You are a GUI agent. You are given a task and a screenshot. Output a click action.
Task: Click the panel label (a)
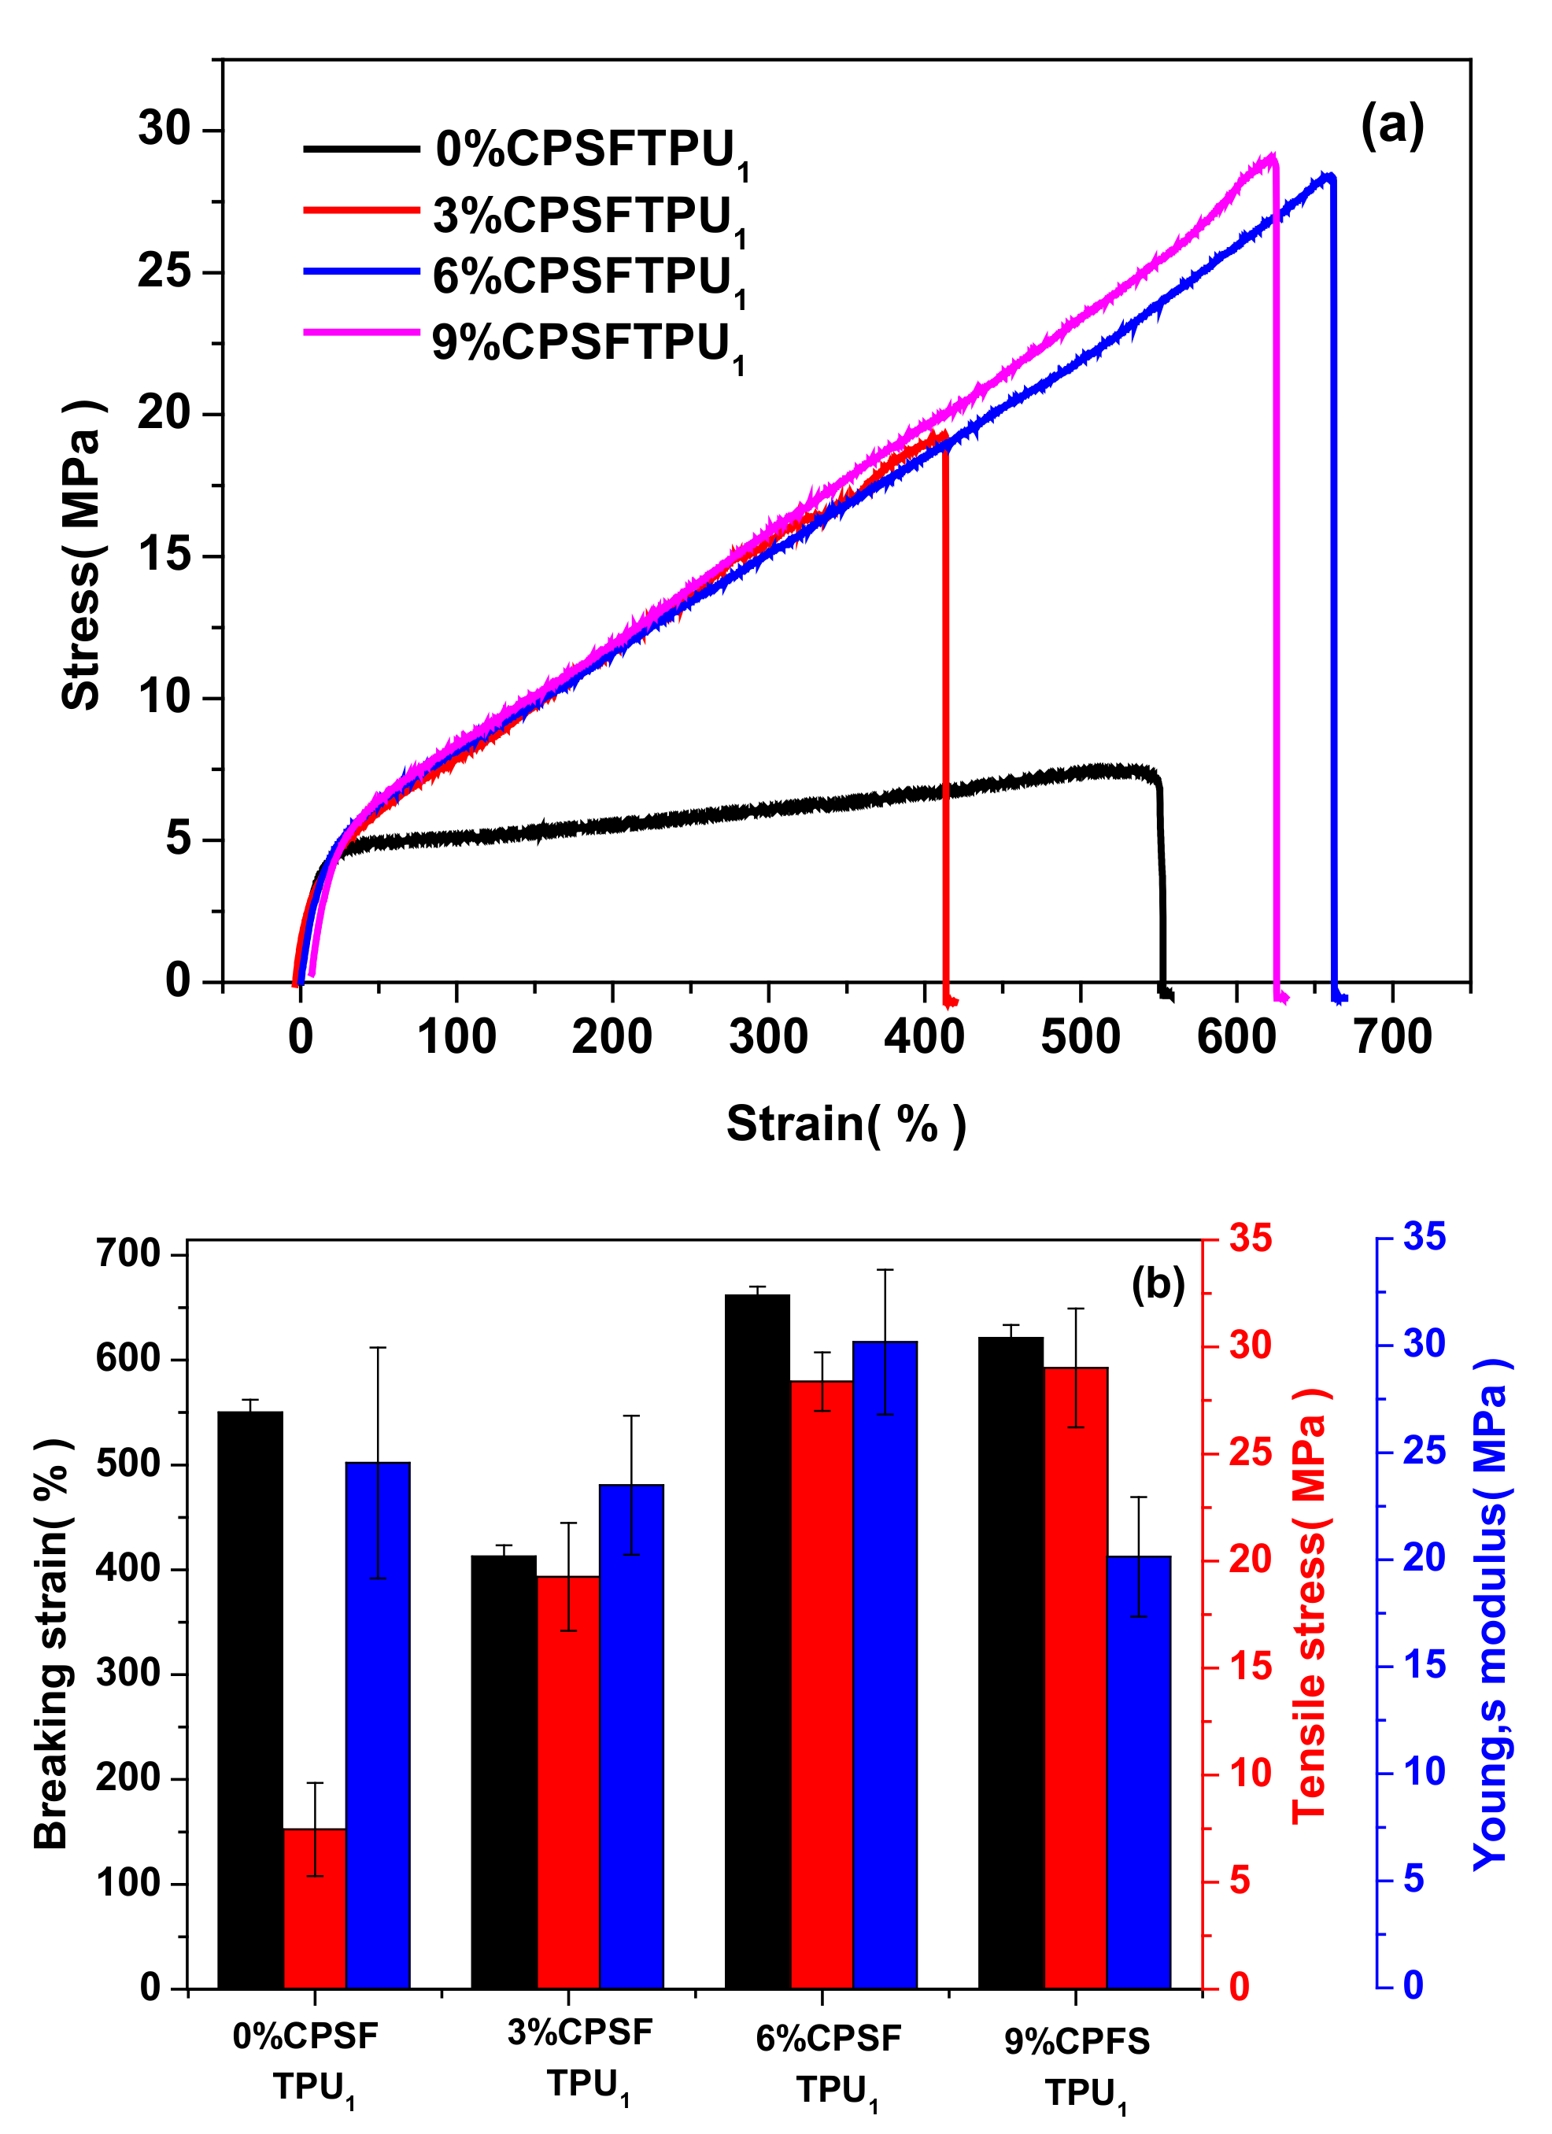tap(1391, 125)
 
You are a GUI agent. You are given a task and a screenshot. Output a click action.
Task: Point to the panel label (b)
tap(1157, 1283)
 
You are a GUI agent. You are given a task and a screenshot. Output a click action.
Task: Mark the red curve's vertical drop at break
tap(945, 715)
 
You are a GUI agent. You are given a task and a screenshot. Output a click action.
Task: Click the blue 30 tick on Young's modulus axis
tap(1424, 1344)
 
